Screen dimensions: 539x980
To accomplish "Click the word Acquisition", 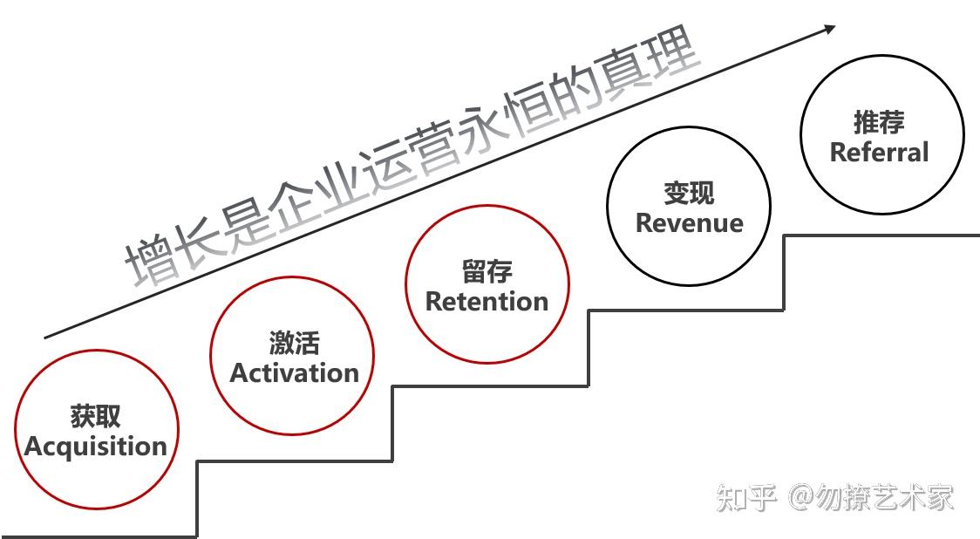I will (x=96, y=447).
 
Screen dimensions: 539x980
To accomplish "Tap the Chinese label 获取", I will (x=95, y=416).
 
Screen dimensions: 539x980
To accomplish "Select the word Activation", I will (x=294, y=373).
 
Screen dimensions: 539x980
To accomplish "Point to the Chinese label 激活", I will (x=294, y=343).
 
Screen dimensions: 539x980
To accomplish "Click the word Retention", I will (x=487, y=302).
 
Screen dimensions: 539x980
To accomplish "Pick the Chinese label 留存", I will (x=487, y=272).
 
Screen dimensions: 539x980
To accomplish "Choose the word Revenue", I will (x=689, y=222).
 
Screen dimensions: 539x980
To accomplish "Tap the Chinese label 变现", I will (x=689, y=193).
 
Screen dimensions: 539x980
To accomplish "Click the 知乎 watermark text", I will (x=745, y=498).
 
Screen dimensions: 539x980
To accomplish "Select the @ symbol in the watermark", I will (x=801, y=498).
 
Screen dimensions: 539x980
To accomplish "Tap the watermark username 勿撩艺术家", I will (x=885, y=498).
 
